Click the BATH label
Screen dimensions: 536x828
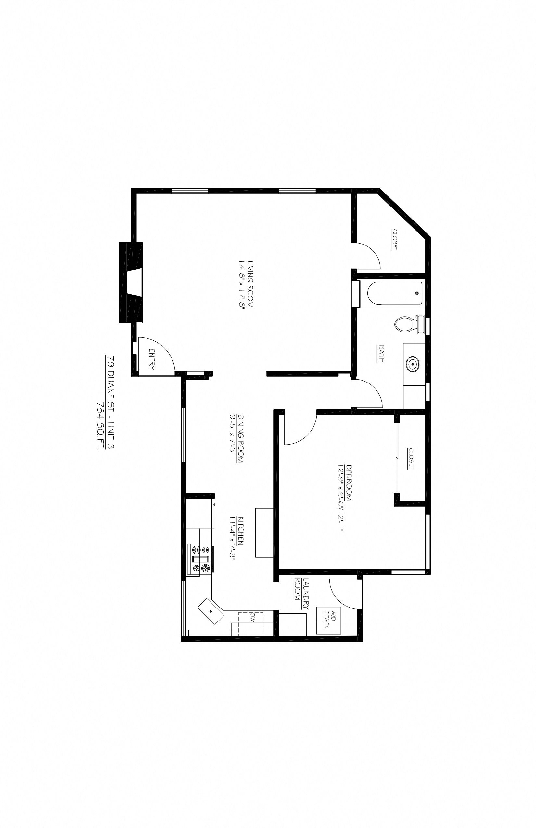coord(381,354)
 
